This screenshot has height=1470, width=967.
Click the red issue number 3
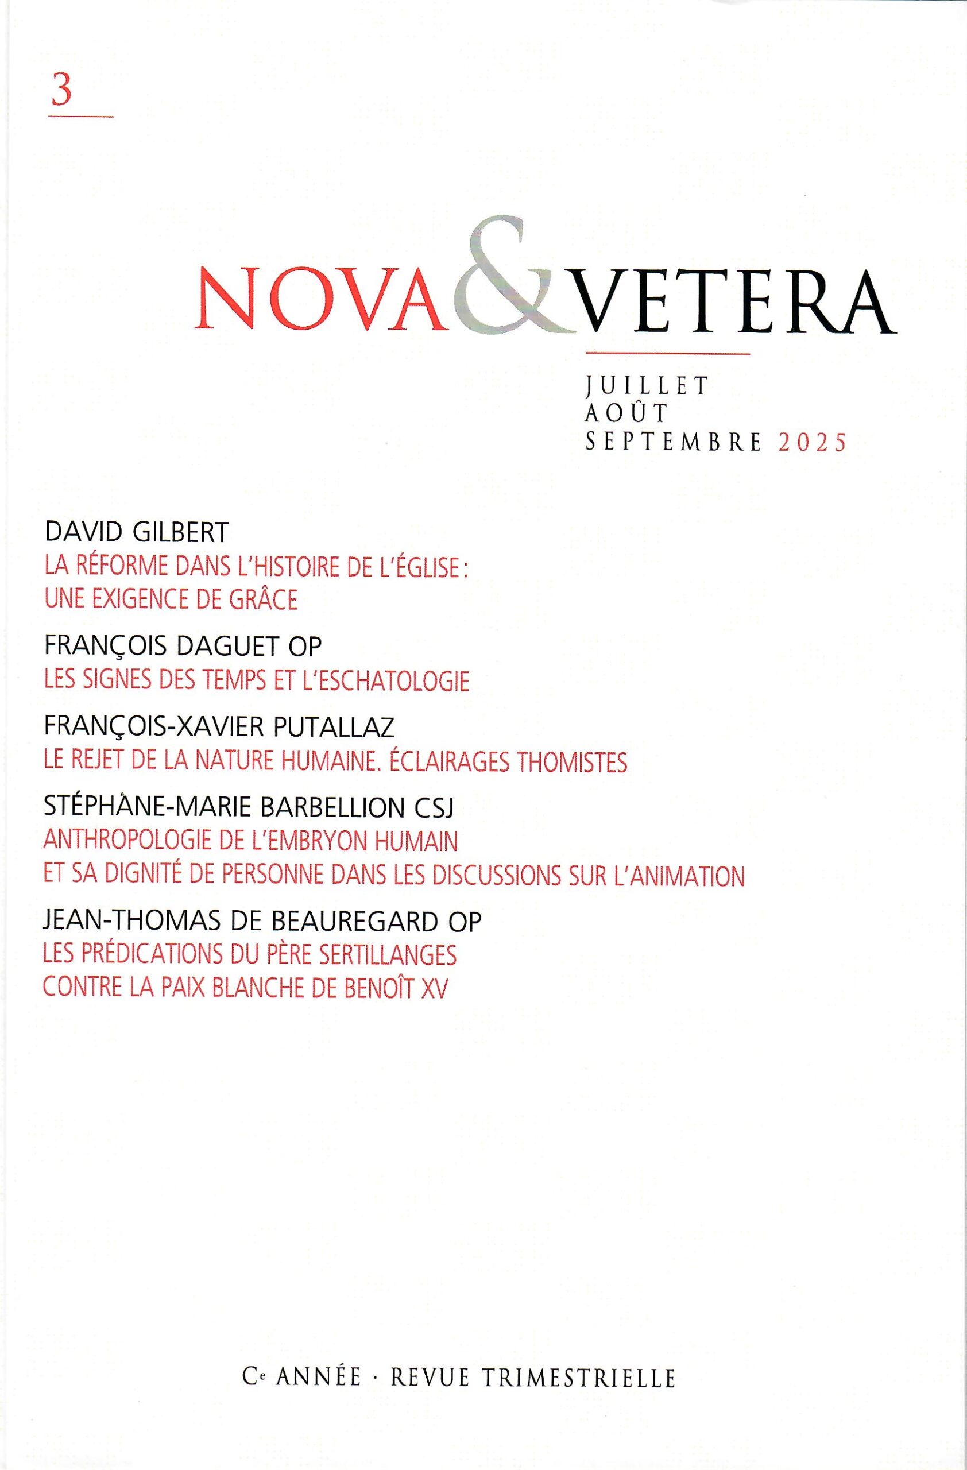tap(63, 91)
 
